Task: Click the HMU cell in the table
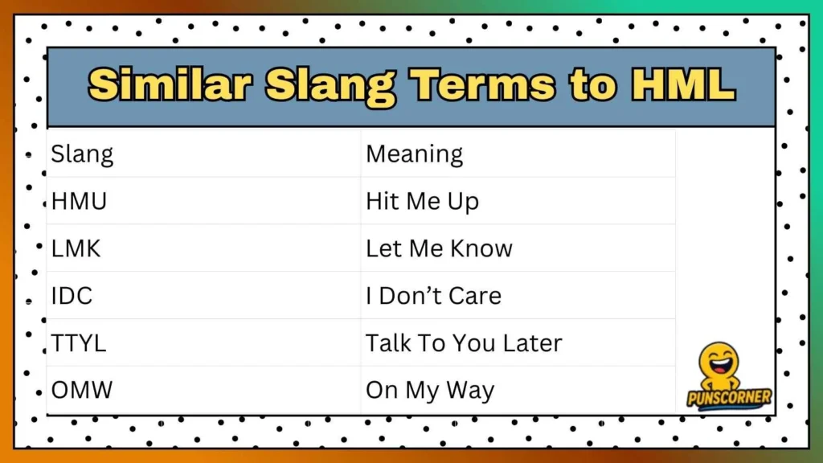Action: [x=79, y=201]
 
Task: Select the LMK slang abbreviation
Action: [x=76, y=248]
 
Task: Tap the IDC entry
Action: [x=72, y=296]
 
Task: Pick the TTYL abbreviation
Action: [x=79, y=343]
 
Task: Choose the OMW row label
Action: [x=82, y=391]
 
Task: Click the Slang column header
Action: [x=82, y=154]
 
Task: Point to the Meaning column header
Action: [x=414, y=154]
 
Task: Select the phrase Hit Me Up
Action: [x=422, y=201]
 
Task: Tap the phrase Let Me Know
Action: [x=439, y=248]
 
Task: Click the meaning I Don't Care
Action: [x=433, y=296]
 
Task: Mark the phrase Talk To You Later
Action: [x=464, y=343]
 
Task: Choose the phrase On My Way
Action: [x=430, y=391]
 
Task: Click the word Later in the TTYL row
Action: [x=532, y=343]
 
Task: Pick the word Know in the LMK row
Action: [x=481, y=248]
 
